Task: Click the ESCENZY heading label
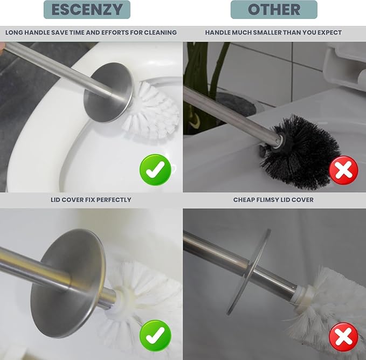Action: (87, 10)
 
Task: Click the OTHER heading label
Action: (274, 10)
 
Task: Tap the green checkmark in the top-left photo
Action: (155, 170)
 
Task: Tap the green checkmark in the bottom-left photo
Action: (155, 336)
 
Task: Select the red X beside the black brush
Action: (343, 170)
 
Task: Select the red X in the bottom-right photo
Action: (343, 337)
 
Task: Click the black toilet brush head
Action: (301, 150)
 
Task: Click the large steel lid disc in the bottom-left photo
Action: (68, 282)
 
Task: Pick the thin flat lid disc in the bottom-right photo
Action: (248, 272)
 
